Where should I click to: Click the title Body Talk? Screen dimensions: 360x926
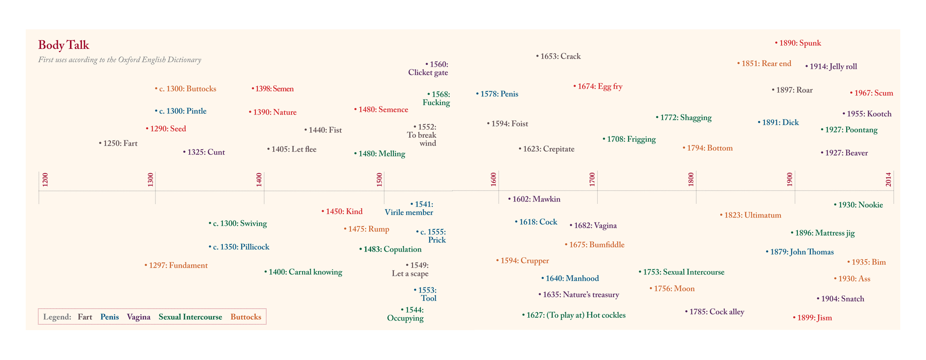[x=63, y=45]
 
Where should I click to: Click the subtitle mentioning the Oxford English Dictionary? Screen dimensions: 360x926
[x=119, y=60]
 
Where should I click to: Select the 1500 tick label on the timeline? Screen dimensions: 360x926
[x=380, y=179]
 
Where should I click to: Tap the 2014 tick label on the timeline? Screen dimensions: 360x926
[x=888, y=179]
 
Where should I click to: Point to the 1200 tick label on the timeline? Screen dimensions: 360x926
[x=45, y=179]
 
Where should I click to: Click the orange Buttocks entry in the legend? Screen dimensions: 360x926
[x=246, y=317]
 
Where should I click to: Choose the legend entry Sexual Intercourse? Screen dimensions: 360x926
[x=190, y=317]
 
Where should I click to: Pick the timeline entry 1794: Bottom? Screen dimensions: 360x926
[x=708, y=148]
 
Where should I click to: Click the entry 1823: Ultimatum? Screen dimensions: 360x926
[x=751, y=215]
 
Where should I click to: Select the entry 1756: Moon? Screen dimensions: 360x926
[x=672, y=289]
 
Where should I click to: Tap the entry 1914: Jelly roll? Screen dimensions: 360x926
[x=831, y=67]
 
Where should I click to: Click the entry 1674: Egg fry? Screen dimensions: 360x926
[x=598, y=87]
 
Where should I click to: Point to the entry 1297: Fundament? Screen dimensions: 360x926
[x=176, y=266]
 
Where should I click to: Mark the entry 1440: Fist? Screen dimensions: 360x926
[x=323, y=131]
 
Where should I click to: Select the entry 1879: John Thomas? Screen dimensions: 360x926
[x=800, y=252]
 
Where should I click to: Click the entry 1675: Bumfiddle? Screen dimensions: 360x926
[x=595, y=245]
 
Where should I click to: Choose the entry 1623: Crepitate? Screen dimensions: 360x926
[x=547, y=149]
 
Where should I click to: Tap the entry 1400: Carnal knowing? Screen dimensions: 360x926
[x=304, y=272]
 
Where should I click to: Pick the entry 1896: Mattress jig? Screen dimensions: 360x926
[x=823, y=233]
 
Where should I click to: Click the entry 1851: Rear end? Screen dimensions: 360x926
[x=764, y=64]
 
